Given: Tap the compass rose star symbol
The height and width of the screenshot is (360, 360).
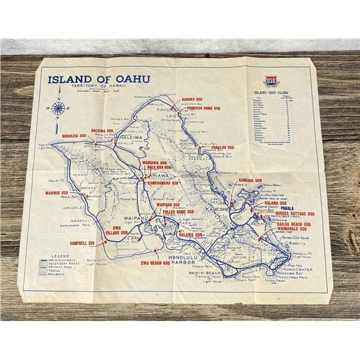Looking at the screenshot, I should point(59,109).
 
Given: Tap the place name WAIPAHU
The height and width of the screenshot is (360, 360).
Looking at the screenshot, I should point(136,219).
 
